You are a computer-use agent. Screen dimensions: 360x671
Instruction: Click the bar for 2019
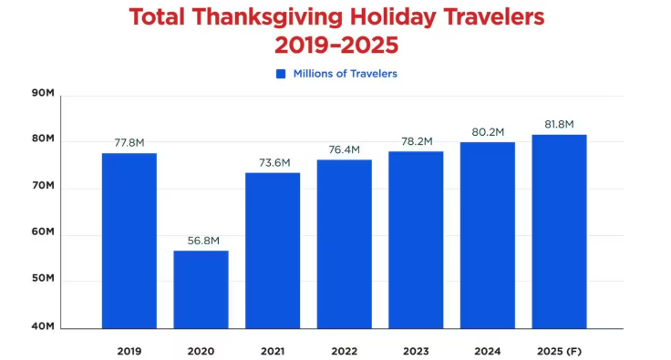pos(129,241)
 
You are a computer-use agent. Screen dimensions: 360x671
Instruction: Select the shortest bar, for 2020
pos(201,289)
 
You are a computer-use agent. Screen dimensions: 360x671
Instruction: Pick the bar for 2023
pos(416,240)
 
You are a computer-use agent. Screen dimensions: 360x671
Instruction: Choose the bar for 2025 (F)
pos(559,231)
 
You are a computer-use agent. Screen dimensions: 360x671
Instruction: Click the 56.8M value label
pos(201,242)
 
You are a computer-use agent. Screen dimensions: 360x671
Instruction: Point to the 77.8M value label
pos(129,143)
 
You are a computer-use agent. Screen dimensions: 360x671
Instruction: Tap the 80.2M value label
pos(488,132)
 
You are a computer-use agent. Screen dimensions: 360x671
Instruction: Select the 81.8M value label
pos(559,125)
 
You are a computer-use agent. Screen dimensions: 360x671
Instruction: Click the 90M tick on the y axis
pos(43,92)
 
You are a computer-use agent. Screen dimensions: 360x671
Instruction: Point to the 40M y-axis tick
pos(43,326)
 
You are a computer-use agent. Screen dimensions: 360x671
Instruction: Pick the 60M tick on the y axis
pos(43,232)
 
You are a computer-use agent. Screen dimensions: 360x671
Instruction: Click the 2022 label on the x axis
pos(345,350)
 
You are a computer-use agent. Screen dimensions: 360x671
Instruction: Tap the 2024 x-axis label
pos(488,350)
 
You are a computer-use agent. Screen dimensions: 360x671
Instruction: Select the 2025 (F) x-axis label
pos(559,350)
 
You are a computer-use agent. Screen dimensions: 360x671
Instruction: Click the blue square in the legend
pos(282,74)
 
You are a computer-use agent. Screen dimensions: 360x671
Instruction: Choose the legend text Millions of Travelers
pos(345,74)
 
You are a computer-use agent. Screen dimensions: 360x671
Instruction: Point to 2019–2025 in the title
pos(335,44)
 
